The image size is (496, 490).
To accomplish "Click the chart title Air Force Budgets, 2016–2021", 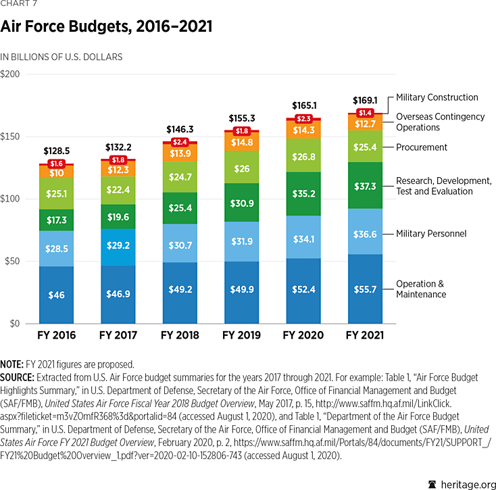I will click(x=107, y=26).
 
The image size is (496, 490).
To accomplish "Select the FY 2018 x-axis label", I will click(x=180, y=335).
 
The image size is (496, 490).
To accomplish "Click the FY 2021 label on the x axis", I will click(x=364, y=335).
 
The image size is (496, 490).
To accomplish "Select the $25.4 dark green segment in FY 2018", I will click(x=180, y=207).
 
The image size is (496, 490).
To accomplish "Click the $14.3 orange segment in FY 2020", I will click(x=303, y=130).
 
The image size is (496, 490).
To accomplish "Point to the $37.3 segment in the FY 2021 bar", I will click(x=364, y=185).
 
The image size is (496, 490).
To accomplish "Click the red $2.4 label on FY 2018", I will click(x=180, y=142).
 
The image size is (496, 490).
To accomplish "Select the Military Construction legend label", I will click(x=437, y=97).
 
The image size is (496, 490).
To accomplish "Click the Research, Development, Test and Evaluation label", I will click(x=443, y=186).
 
